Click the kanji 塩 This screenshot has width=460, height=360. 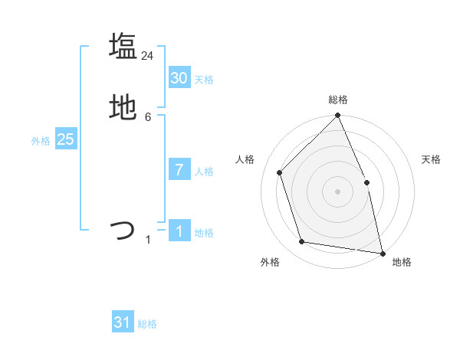(123, 46)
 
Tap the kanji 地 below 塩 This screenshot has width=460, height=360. (123, 108)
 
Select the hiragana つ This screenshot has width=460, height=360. (123, 230)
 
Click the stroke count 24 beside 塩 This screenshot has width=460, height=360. (148, 56)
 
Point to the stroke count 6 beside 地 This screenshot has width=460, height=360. (148, 117)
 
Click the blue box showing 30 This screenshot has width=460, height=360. (179, 78)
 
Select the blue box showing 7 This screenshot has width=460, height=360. (179, 170)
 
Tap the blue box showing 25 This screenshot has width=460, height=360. (65, 139)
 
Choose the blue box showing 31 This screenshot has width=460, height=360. (123, 322)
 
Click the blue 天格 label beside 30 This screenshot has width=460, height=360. (204, 80)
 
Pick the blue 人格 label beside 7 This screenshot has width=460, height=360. (204, 172)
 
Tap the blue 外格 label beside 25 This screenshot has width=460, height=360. (41, 141)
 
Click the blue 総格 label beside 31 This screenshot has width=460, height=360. (147, 324)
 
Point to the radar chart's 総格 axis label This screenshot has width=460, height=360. (338, 100)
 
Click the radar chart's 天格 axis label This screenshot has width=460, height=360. (432, 159)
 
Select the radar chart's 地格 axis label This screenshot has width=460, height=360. (402, 262)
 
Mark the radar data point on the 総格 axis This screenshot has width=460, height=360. (338, 116)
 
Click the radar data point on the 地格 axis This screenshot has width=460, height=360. (382, 252)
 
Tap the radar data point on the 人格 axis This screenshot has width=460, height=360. (281, 172)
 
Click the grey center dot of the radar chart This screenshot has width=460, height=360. (338, 191)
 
